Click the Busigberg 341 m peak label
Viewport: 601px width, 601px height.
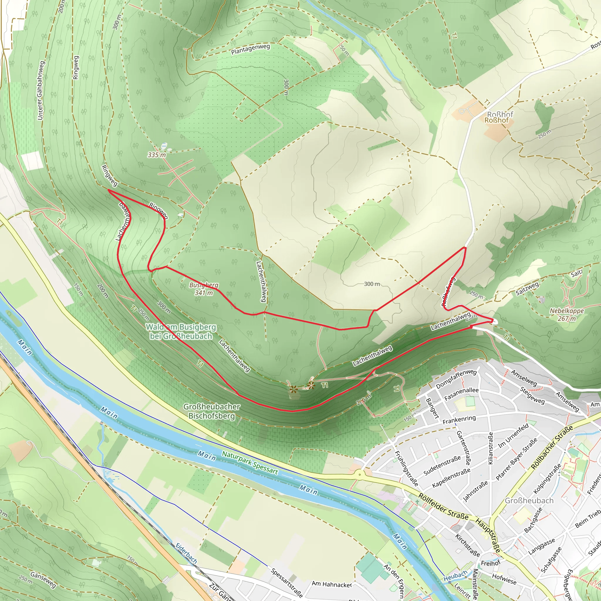coord(204,289)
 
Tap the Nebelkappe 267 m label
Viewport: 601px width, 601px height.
coord(566,314)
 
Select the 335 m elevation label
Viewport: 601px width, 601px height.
coord(157,155)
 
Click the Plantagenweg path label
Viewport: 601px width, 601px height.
coord(250,49)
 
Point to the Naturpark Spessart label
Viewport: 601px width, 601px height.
coord(250,462)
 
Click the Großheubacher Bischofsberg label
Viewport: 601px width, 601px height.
coord(212,411)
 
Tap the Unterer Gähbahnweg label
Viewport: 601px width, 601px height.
coord(41,90)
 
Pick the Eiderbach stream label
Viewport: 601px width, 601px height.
coord(186,553)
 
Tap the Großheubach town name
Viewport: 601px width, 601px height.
coord(529,501)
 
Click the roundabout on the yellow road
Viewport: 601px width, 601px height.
coord(359,475)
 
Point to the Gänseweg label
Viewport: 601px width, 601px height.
coord(43,580)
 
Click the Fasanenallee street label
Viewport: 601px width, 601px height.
coord(461,394)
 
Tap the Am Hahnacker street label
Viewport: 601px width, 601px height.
coord(332,584)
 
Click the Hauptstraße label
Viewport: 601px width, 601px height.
coord(488,535)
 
